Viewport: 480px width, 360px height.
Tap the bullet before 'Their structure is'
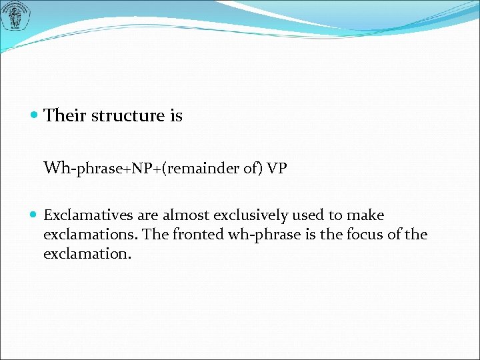35,116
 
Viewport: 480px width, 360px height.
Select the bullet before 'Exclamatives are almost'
35,215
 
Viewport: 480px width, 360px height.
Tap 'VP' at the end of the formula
277,168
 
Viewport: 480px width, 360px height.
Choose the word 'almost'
185,215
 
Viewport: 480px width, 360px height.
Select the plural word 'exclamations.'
85,235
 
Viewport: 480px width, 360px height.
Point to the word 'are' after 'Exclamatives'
141,215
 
